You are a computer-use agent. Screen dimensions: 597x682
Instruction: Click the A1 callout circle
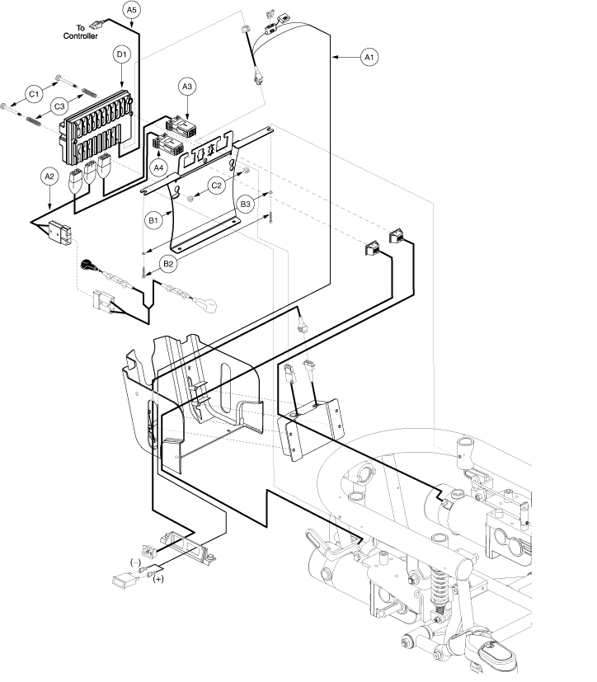pyautogui.click(x=369, y=57)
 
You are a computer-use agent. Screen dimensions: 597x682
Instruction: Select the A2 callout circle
pyautogui.click(x=49, y=176)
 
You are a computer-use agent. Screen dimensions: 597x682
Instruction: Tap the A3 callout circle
pyautogui.click(x=186, y=87)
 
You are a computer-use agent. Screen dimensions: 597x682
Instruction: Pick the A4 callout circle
pyautogui.click(x=158, y=167)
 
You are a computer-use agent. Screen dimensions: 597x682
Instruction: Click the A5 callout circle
pyautogui.click(x=131, y=10)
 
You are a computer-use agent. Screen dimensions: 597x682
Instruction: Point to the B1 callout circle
pyautogui.click(x=153, y=220)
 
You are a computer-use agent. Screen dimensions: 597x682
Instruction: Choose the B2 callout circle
pyautogui.click(x=168, y=264)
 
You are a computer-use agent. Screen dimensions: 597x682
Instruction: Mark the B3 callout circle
pyautogui.click(x=245, y=204)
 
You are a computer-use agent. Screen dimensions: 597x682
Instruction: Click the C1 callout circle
pyautogui.click(x=34, y=94)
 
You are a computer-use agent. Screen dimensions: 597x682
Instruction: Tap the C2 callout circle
pyautogui.click(x=216, y=186)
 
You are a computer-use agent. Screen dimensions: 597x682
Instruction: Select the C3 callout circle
pyautogui.click(x=59, y=106)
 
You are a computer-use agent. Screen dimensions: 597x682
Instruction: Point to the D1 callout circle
pyautogui.click(x=121, y=54)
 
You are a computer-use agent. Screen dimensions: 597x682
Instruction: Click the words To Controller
pyautogui.click(x=81, y=32)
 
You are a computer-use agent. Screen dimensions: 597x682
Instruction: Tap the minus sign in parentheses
pyautogui.click(x=136, y=562)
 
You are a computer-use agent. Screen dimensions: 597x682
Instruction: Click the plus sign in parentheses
pyautogui.click(x=158, y=579)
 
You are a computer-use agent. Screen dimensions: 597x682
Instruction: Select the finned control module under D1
pyautogui.click(x=96, y=129)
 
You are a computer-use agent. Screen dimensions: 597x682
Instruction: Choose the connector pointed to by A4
pyautogui.click(x=167, y=144)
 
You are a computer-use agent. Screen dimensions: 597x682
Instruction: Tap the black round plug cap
pyautogui.click(x=87, y=264)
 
